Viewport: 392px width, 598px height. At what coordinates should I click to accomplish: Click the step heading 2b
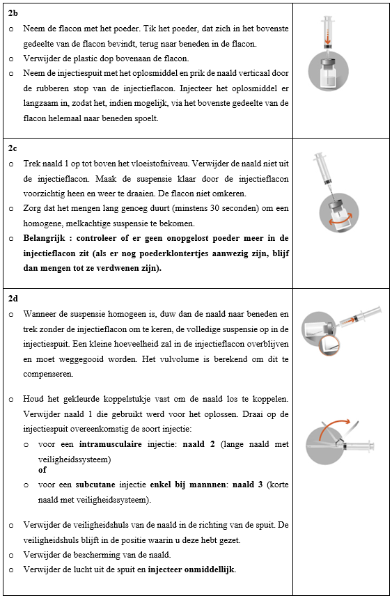click(13, 13)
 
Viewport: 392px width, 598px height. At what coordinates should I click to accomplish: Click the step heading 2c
click(13, 148)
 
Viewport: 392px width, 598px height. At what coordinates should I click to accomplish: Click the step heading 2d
click(13, 299)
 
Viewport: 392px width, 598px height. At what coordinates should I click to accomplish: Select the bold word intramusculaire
click(111, 444)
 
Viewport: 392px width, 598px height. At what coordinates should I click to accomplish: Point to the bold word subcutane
click(95, 485)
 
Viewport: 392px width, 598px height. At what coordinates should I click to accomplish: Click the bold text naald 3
click(247, 485)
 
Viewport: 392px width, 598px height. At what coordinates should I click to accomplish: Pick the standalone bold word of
click(42, 470)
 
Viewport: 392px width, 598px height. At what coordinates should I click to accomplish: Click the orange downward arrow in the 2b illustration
click(327, 40)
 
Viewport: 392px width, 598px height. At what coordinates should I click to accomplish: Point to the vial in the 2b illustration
click(329, 73)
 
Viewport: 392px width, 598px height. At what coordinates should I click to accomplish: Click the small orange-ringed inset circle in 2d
click(329, 345)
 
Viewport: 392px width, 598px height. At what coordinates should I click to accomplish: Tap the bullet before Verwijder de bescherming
click(11, 556)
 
